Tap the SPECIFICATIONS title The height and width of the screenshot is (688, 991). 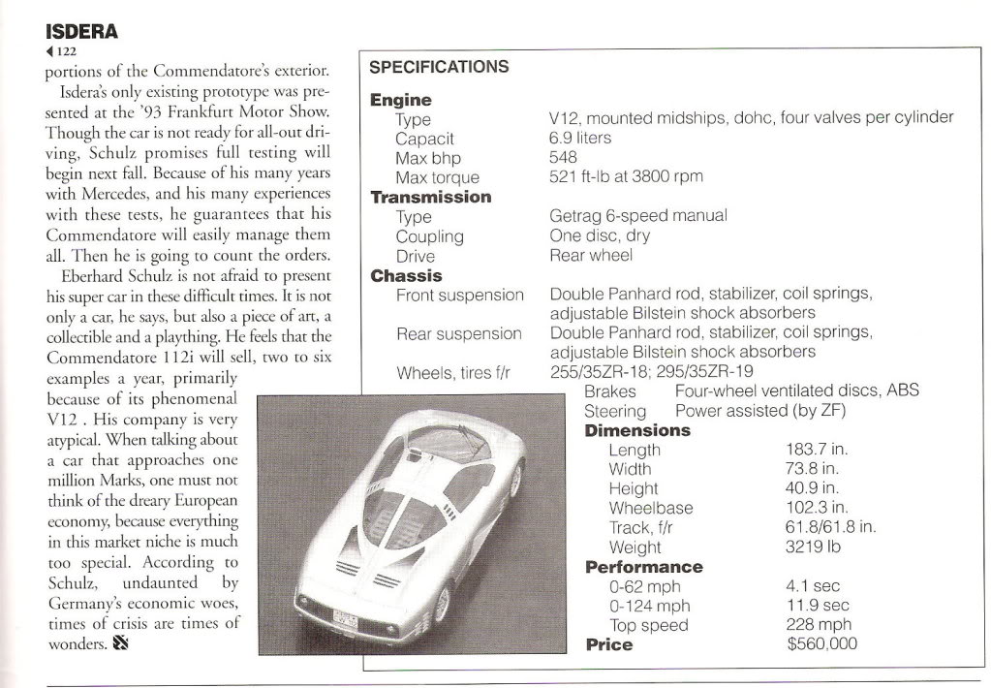[439, 67]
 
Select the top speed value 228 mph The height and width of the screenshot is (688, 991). [819, 625]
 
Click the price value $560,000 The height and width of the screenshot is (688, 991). [821, 644]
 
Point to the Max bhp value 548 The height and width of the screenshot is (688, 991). [563, 157]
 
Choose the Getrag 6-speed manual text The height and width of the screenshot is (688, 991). [637, 216]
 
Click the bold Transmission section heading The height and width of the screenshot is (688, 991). [430, 197]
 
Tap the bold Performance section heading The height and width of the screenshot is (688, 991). [643, 567]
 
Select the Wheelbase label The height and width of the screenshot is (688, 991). [651, 508]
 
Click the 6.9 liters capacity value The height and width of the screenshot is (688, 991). [579, 138]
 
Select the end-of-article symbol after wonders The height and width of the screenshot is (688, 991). [121, 642]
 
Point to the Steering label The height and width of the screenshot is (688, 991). [615, 411]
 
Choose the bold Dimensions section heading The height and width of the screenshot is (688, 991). [637, 430]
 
